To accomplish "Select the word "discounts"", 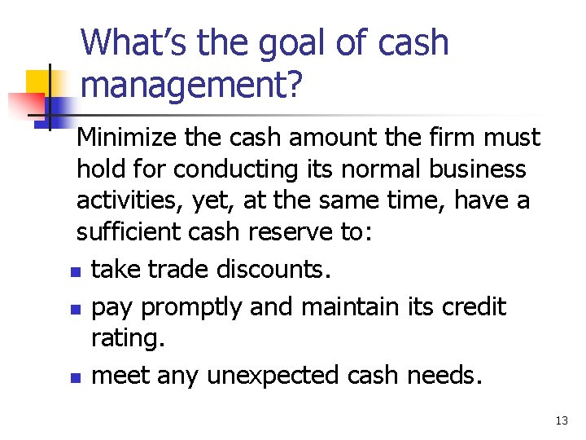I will coord(273,269).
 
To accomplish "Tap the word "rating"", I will coord(127,337).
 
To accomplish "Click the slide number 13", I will coord(561,420).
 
